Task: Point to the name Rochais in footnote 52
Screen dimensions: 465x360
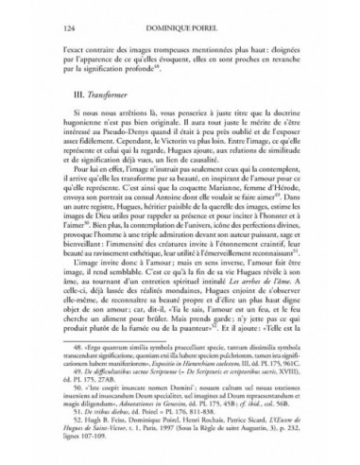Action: click(x=205, y=430)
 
